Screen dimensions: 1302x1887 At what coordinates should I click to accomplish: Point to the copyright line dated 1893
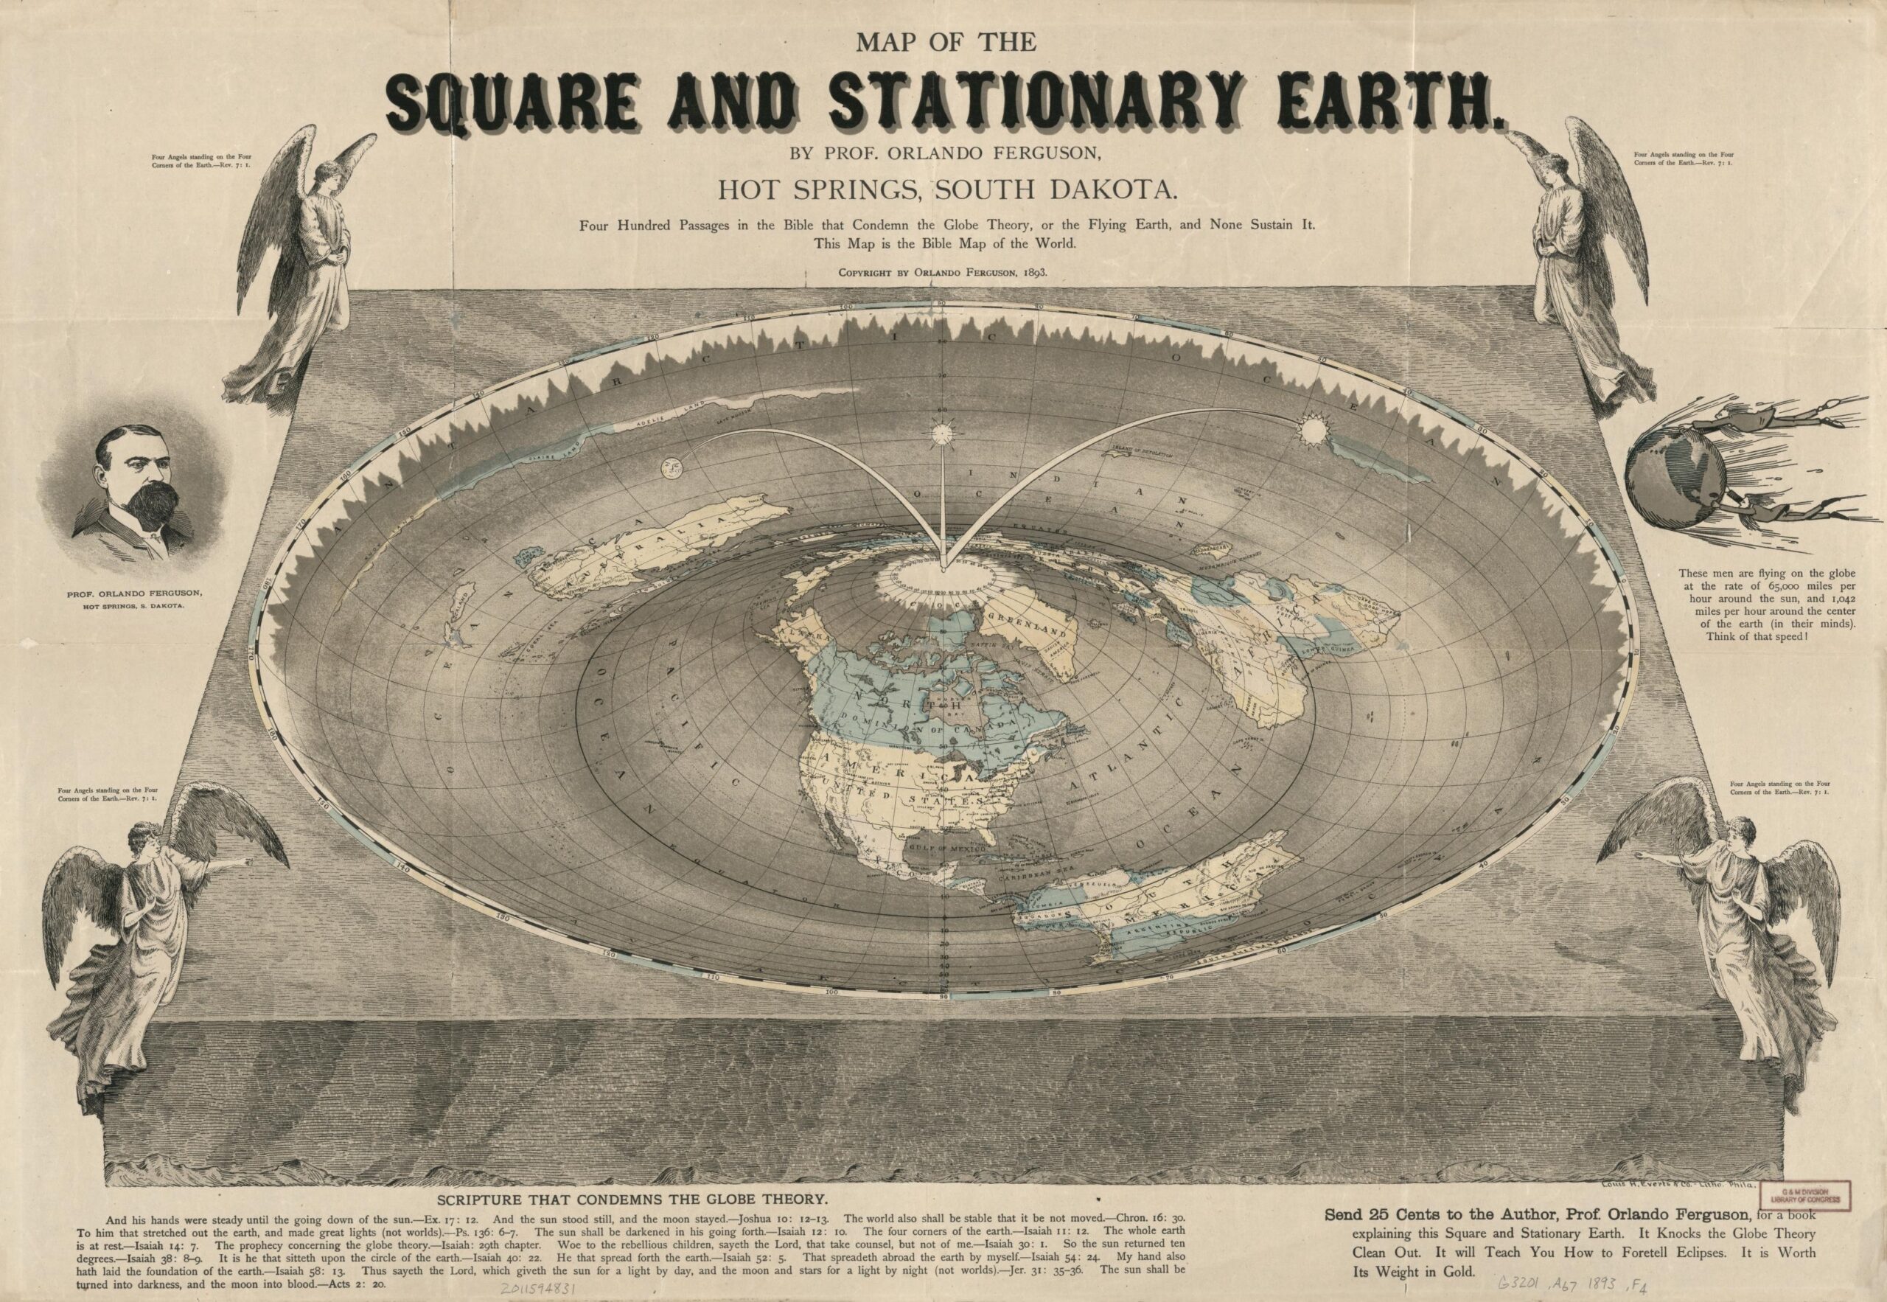tap(943, 274)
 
